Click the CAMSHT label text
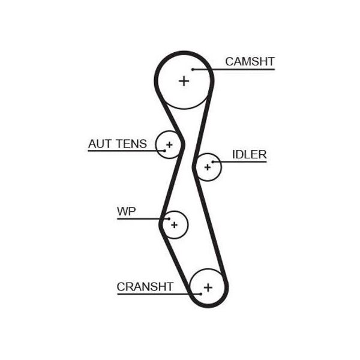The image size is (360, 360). click(x=250, y=62)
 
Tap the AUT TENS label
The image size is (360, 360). click(x=118, y=144)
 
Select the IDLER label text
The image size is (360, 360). click(x=250, y=155)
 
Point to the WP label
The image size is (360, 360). click(x=126, y=211)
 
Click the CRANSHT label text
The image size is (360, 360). click(x=145, y=287)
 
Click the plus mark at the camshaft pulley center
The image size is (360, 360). click(x=184, y=81)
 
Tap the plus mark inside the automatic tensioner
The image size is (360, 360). click(x=169, y=145)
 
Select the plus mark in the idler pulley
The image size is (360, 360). click(x=208, y=167)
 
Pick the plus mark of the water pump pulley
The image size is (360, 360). click(x=174, y=225)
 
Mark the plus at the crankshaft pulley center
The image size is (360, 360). click(x=208, y=287)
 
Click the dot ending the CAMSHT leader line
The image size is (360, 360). click(x=193, y=70)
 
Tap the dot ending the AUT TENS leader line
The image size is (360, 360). click(x=164, y=151)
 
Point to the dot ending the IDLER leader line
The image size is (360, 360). click(x=213, y=162)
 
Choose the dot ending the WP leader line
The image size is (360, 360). click(x=169, y=219)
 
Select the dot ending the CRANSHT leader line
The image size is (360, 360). click(x=200, y=294)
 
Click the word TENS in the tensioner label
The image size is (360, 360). click(x=131, y=144)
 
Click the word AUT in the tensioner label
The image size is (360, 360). click(x=100, y=144)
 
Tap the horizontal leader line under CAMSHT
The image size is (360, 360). click(x=234, y=70)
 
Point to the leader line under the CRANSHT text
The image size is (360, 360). click(x=159, y=294)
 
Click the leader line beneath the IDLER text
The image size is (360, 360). click(x=239, y=162)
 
